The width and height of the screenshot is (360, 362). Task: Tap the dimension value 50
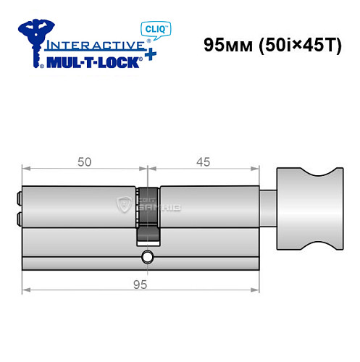[x=84, y=162]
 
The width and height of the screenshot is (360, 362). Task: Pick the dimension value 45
[x=203, y=162]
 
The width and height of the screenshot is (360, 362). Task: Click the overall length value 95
[x=141, y=285]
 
